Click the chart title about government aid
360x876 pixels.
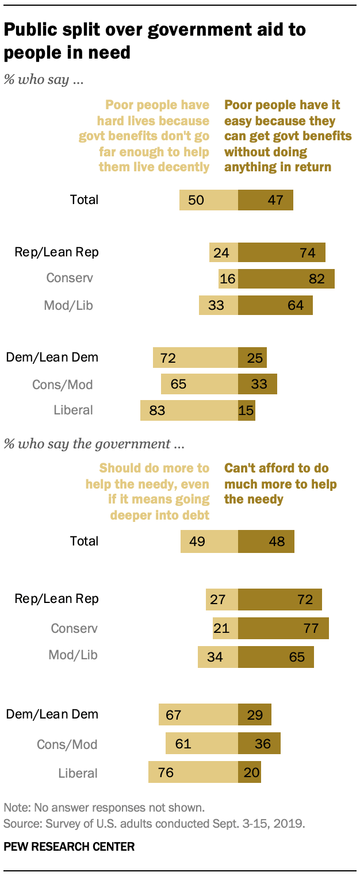coord(155,41)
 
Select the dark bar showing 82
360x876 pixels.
coord(286,279)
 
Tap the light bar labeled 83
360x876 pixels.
coord(189,410)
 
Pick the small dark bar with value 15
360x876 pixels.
coord(246,410)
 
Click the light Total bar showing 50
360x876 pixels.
coord(208,200)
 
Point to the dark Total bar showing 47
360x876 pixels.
coord(265,200)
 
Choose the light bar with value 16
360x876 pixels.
coord(228,279)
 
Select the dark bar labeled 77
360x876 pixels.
coord(283,628)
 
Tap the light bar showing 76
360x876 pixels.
coord(193,773)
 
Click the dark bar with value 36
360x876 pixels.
coord(259,744)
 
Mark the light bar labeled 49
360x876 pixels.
coord(209,541)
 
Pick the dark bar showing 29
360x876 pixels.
coord(254,714)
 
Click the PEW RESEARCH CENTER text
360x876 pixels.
coord(69,846)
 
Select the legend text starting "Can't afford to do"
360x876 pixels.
coord(280,483)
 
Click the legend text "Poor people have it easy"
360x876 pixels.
coord(288,136)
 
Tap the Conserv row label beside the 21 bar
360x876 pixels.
coord(74,628)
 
